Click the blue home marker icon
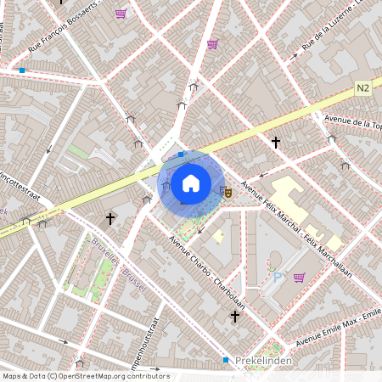coord(191,183)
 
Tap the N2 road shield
coord(362,87)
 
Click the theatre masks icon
coord(225,192)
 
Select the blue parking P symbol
coord(276,277)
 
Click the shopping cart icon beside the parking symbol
coord(299,277)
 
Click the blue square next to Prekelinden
coord(227,360)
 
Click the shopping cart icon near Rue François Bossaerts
coord(121,14)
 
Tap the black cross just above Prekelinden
coord(235,316)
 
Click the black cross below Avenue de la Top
coord(275,142)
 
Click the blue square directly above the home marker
coord(181,154)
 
